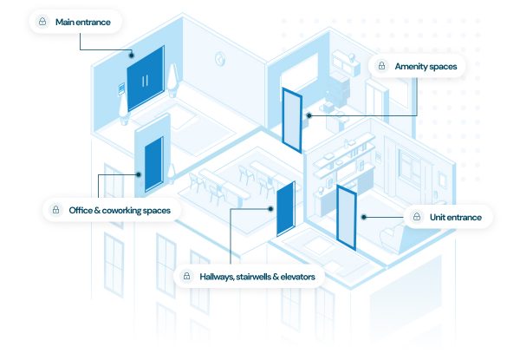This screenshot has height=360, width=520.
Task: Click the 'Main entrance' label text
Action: (84, 21)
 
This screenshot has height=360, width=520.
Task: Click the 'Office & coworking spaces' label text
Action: (120, 210)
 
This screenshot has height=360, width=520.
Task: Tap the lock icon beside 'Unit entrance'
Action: (418, 217)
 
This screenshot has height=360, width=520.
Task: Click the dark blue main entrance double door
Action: (145, 79)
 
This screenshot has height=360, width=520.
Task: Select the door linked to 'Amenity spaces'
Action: (292, 119)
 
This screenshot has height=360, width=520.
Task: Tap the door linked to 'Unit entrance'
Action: (347, 217)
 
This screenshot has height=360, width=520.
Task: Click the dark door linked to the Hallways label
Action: (283, 208)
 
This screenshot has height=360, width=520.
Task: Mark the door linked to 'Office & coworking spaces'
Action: (153, 164)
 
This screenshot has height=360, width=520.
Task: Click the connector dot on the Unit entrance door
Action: (363, 217)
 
